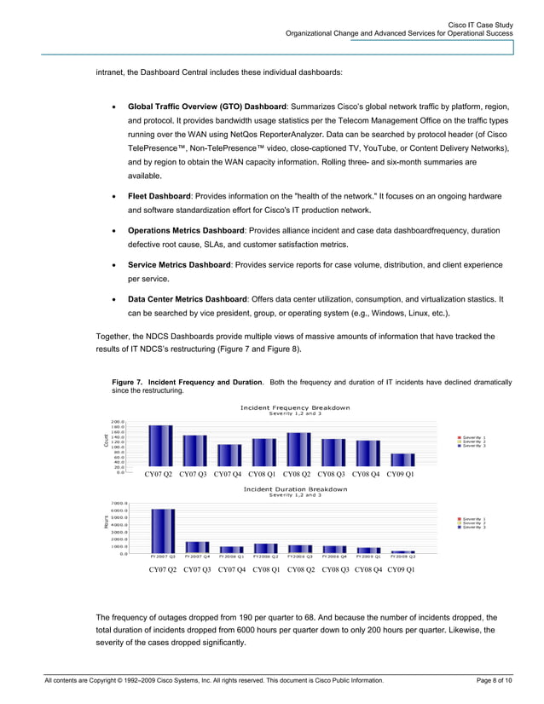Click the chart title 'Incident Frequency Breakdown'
point(295,407)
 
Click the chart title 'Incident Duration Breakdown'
point(295,489)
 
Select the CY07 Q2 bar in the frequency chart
point(159,447)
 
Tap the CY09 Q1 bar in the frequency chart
point(402,460)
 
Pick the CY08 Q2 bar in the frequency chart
point(298,450)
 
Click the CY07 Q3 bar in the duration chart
point(197,547)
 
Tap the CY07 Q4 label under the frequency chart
point(230,474)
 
